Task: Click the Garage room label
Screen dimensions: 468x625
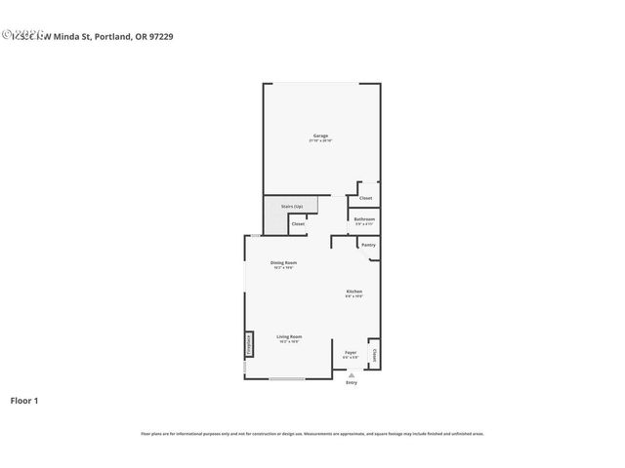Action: (320, 135)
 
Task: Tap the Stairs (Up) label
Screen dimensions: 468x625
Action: (292, 207)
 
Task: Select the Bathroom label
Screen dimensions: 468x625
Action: (364, 219)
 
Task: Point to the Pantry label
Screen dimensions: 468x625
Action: (368, 245)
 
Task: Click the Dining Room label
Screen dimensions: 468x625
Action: (283, 262)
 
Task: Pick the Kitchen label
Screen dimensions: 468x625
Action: (354, 292)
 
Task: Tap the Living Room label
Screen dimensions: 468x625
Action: (288, 336)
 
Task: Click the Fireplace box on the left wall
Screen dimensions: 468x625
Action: (248, 345)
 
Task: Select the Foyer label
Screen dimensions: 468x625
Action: (351, 352)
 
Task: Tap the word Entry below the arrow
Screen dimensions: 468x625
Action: (352, 382)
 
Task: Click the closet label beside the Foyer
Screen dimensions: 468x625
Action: (373, 354)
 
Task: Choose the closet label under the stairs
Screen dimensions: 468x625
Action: (298, 224)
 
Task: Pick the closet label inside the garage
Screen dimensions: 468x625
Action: (365, 198)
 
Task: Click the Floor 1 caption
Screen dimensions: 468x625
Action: (24, 400)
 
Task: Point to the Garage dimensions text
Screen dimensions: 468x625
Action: (320, 140)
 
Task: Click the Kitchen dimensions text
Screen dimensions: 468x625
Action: (354, 296)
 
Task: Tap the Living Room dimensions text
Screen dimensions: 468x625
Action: (288, 341)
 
